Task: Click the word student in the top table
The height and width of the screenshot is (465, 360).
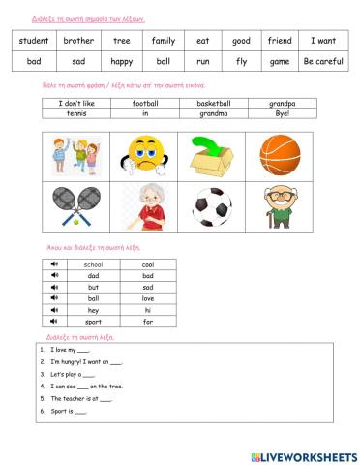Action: pyautogui.click(x=34, y=41)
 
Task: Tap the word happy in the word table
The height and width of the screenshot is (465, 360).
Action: pyautogui.click(x=121, y=60)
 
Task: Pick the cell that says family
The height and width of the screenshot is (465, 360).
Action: pyautogui.click(x=163, y=41)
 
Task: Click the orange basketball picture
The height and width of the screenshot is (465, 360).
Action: pyautogui.click(x=282, y=152)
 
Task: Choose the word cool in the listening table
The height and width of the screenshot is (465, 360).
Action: pyautogui.click(x=148, y=264)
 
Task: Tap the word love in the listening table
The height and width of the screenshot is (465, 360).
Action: pyautogui.click(x=148, y=297)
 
